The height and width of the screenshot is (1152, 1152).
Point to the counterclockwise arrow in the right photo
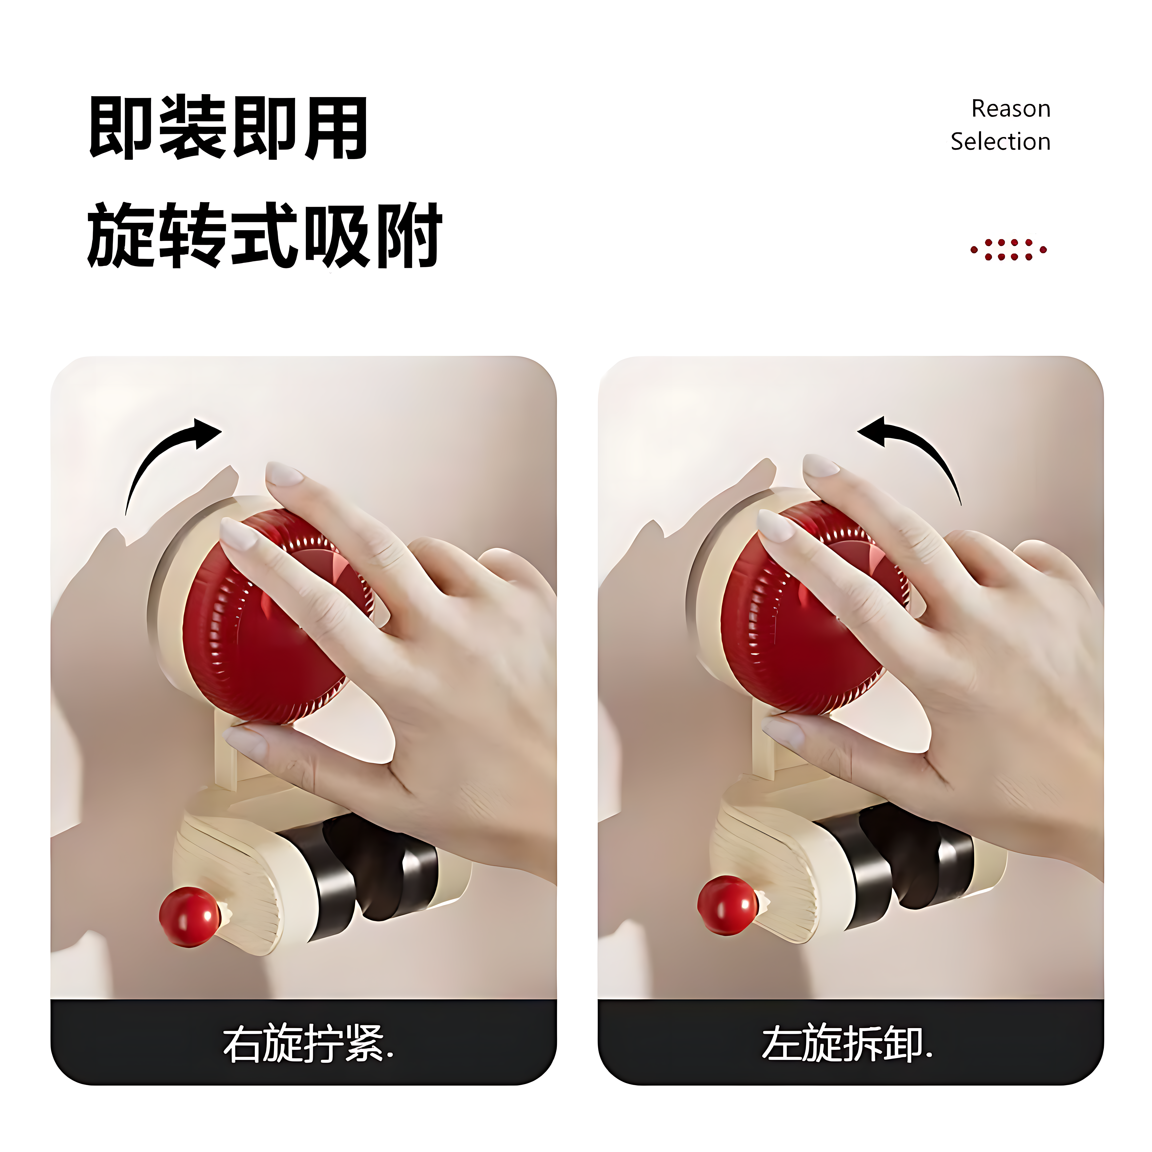coord(912,453)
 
